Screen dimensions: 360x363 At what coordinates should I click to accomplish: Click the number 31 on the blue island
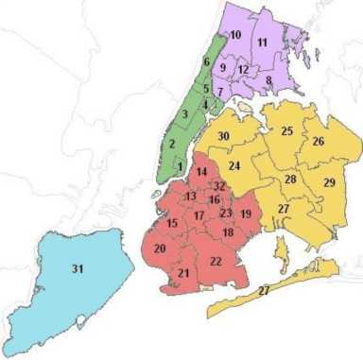(78, 269)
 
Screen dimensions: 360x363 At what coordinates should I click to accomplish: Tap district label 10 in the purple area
(235, 35)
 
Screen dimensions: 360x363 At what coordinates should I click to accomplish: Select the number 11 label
(262, 43)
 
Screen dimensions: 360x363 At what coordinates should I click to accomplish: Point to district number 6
(206, 62)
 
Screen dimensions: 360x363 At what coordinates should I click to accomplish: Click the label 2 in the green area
(172, 145)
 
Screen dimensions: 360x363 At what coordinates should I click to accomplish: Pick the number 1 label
(180, 167)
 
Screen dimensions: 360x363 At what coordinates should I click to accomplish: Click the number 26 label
(319, 142)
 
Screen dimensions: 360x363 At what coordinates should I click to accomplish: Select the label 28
(290, 180)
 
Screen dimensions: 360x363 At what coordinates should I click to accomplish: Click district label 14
(201, 171)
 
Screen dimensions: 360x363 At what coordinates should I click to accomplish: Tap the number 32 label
(219, 186)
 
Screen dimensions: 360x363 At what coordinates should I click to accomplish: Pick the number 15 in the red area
(172, 223)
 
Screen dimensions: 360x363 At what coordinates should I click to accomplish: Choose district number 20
(160, 248)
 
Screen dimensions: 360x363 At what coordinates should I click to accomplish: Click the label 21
(183, 273)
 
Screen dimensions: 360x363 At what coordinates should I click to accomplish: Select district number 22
(216, 261)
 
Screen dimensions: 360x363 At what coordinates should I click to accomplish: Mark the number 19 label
(246, 214)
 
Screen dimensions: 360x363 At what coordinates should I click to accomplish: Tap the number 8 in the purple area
(268, 80)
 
